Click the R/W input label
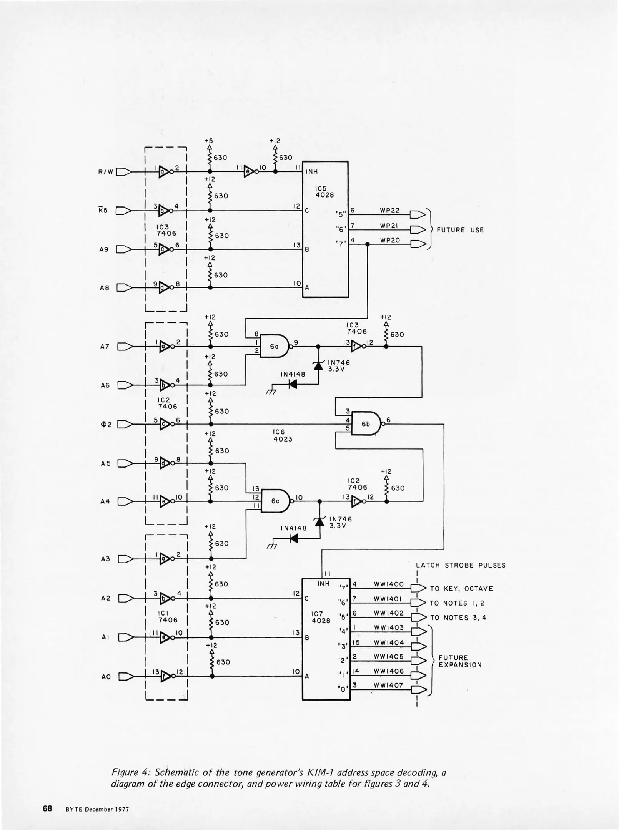[x=106, y=172]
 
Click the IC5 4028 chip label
[x=324, y=192]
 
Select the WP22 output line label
[x=390, y=211]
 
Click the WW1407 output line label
[x=389, y=685]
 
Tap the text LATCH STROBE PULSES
[x=461, y=565]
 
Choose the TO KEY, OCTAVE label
[x=461, y=589]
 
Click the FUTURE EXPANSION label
[x=460, y=661]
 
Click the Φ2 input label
[x=106, y=425]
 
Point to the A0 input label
[x=106, y=677]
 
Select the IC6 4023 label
[x=283, y=435]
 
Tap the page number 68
[x=47, y=808]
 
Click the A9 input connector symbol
[x=124, y=249]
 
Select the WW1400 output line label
[x=389, y=584]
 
